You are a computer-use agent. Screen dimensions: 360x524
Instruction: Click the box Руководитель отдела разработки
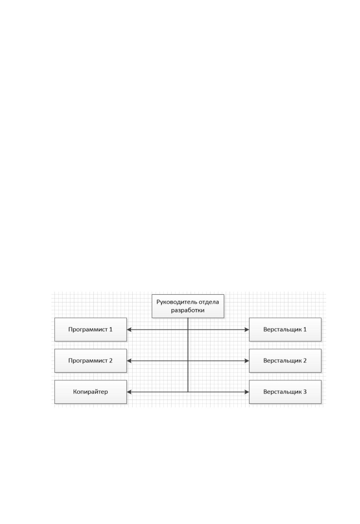(x=188, y=306)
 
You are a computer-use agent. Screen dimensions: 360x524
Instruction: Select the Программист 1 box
(x=91, y=329)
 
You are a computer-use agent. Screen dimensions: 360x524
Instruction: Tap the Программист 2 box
(x=91, y=361)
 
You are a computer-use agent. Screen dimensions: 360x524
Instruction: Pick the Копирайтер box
(x=91, y=392)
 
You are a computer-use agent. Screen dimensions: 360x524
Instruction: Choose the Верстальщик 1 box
(x=285, y=329)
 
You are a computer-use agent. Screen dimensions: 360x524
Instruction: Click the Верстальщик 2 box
(x=285, y=361)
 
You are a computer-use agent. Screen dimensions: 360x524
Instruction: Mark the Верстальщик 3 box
(x=285, y=392)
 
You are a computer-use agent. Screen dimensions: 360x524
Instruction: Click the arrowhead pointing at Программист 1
(x=129, y=330)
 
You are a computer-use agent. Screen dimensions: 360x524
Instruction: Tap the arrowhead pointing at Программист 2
(x=129, y=361)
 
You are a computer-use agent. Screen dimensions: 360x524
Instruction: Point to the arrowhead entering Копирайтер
(x=129, y=392)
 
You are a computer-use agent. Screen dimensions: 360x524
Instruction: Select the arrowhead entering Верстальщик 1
(x=247, y=330)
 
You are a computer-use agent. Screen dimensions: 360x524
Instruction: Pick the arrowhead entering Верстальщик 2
(x=247, y=361)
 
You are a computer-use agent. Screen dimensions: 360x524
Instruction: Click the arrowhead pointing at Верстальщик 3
(x=247, y=392)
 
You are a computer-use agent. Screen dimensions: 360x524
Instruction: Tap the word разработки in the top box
(x=188, y=310)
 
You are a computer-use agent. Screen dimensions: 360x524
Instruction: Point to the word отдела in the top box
(x=209, y=302)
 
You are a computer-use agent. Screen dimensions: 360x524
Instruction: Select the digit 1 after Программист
(x=111, y=329)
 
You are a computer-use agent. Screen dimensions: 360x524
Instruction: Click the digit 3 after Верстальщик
(x=305, y=392)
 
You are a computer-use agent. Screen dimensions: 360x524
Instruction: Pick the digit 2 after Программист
(x=111, y=361)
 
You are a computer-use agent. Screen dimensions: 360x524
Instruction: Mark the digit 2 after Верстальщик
(x=305, y=361)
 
